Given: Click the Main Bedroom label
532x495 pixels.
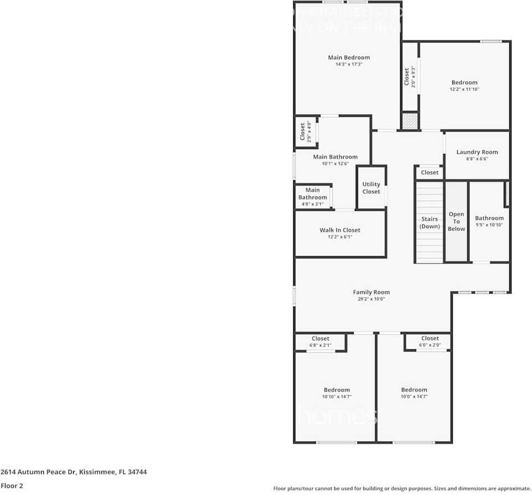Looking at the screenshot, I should point(349,58).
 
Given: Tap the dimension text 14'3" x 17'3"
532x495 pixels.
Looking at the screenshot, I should point(349,64).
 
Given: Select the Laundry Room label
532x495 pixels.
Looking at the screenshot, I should point(477,152).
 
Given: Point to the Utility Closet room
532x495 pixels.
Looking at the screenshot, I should point(371,188).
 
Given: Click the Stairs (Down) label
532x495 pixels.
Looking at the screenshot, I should point(429,222).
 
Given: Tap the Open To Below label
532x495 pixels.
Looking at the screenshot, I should point(457,221).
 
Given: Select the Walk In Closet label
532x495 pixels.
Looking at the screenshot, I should point(340,230).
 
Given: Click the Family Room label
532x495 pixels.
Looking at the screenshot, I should point(371,292).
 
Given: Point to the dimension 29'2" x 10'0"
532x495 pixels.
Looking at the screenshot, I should point(371,299).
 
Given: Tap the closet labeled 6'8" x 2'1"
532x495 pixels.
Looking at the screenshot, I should point(320,341).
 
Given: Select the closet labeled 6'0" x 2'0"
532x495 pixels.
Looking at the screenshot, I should point(430,341).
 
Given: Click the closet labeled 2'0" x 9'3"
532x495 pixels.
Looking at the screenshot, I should point(410,76).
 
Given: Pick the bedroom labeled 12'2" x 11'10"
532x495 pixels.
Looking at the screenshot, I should point(464,85).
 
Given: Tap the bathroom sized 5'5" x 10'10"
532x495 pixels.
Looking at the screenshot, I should point(489,221).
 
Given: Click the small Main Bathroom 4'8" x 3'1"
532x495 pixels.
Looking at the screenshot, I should point(313,197).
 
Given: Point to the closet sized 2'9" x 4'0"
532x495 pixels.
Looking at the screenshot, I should point(305,132).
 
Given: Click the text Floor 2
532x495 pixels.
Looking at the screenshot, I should point(12,486).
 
